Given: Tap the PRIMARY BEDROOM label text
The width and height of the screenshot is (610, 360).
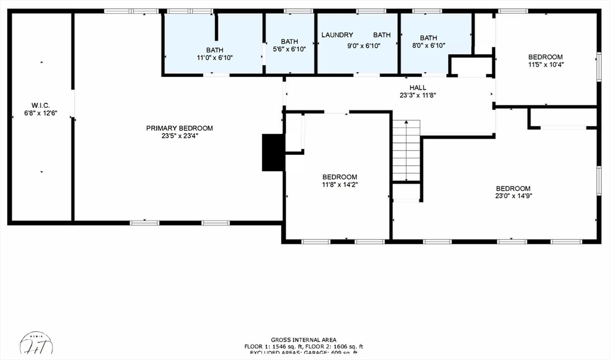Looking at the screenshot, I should [x=179, y=128].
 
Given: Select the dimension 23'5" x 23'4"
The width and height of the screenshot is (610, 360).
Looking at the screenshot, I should [x=179, y=136].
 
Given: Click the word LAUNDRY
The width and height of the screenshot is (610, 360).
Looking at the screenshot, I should [x=337, y=35].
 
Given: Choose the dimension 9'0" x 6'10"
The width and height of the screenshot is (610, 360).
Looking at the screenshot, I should [x=363, y=45].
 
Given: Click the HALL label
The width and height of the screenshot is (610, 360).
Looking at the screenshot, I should [x=418, y=88].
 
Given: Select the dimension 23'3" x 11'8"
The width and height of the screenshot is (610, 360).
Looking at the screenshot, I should [x=418, y=95].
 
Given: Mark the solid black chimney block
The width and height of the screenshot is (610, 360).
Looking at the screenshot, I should [x=272, y=153].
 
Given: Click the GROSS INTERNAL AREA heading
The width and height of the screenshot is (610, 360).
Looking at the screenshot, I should [x=303, y=340].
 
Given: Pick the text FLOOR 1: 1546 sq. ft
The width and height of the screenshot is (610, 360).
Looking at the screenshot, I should [x=273, y=346].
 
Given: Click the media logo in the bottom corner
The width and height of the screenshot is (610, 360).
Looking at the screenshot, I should [x=37, y=345].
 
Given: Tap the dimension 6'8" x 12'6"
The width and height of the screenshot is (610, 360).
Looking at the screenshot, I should [x=41, y=113].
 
